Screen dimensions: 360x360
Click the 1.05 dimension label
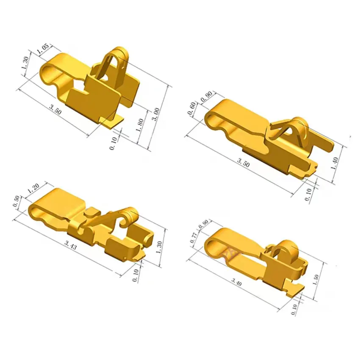(x=43, y=49)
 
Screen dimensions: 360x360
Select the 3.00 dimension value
(x=156, y=115)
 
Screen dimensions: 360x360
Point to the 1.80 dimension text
(x=140, y=125)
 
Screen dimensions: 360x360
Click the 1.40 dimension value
(x=335, y=163)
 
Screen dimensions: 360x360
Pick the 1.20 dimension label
(x=33, y=188)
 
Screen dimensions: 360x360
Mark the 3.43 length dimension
(x=71, y=245)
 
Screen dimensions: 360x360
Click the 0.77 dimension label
(x=193, y=238)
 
